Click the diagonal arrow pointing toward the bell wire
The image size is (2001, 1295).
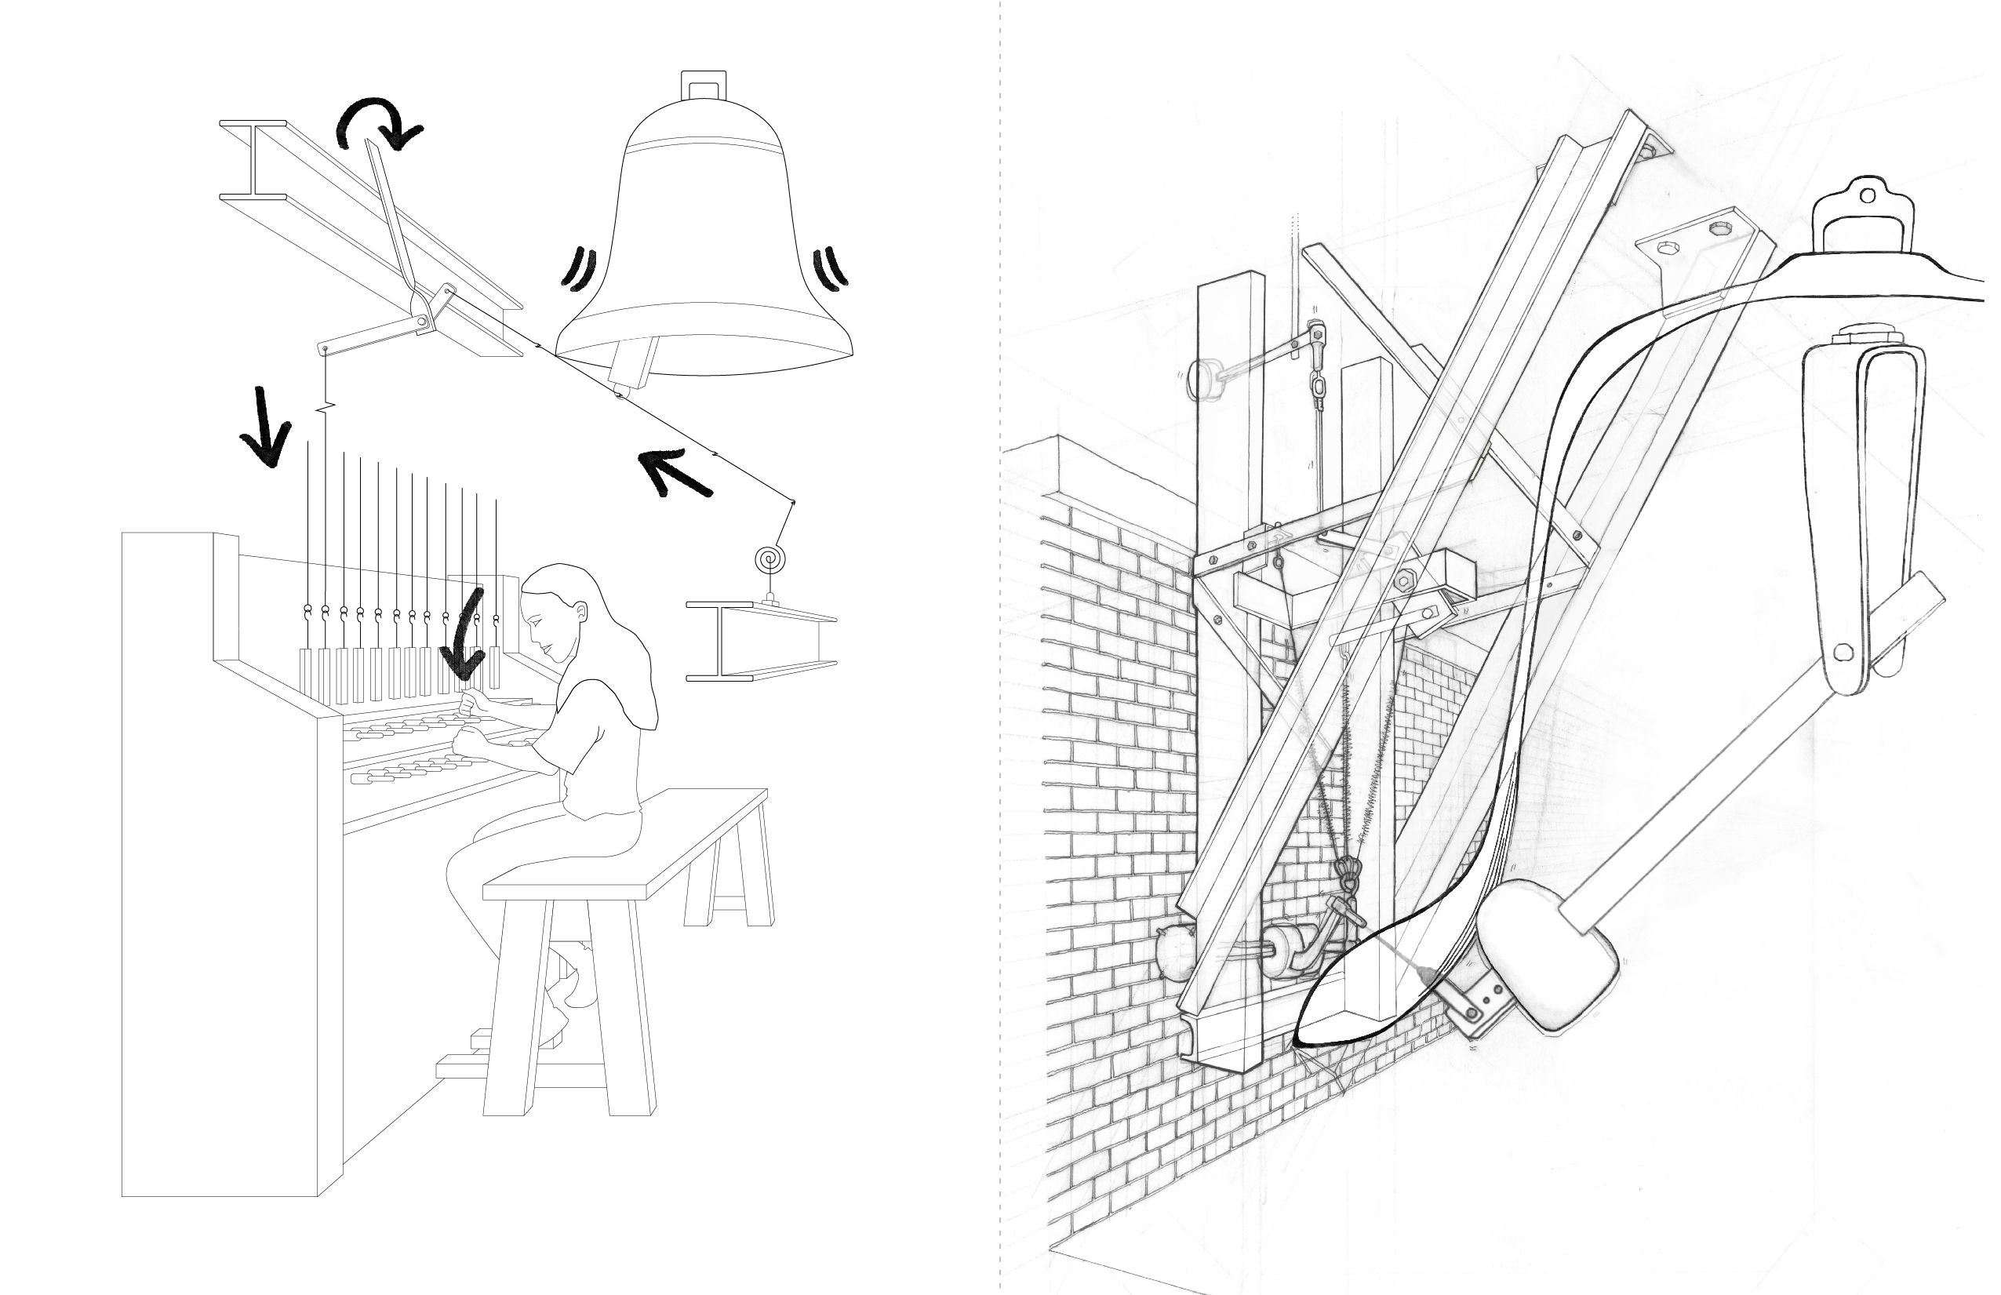pyautogui.click(x=675, y=473)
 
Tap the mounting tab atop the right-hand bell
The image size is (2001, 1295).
pyautogui.click(x=1865, y=206)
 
